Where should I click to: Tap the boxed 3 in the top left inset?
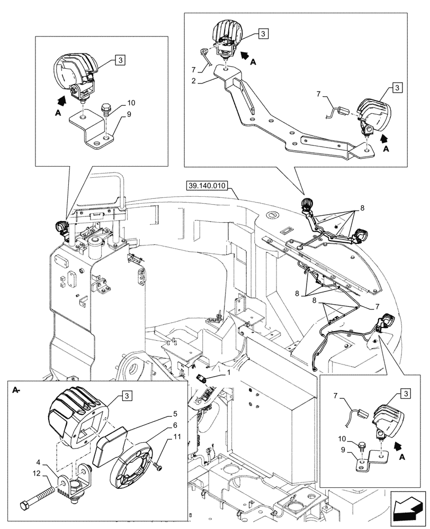pos(120,61)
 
